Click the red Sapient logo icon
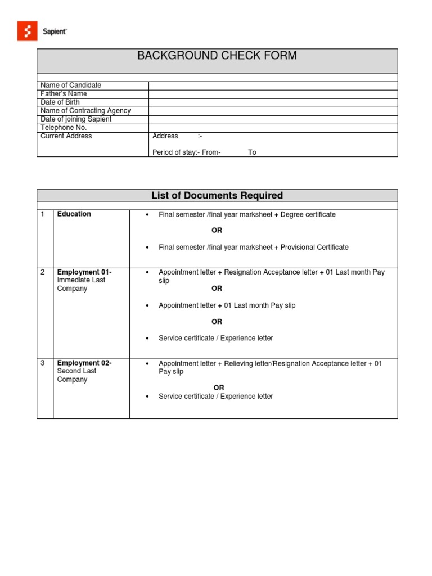[27, 31]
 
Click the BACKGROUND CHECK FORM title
[217, 56]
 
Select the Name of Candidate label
[71, 85]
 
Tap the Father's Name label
[64, 94]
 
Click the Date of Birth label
[60, 102]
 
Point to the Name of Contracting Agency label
[85, 111]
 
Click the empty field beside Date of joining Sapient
[273, 119]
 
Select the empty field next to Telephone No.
[273, 128]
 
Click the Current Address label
[66, 136]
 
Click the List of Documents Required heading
[217, 196]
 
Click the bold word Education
[74, 214]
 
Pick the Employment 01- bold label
[84, 272]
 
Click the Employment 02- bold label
[84, 363]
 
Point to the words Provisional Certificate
[314, 247]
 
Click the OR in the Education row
[217, 231]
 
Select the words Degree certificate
[308, 215]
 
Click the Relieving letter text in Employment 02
[247, 364]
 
